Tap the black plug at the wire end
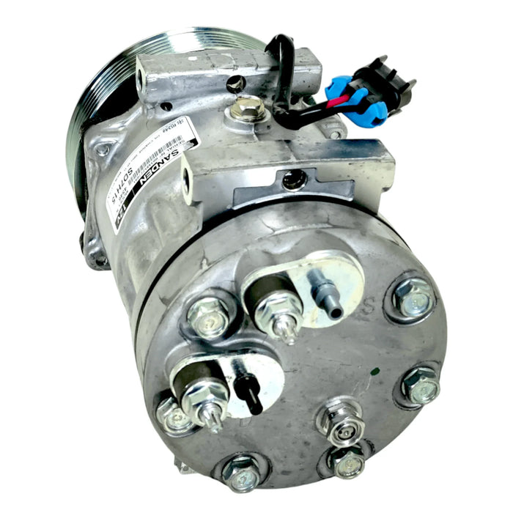388,83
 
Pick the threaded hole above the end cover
295,179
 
